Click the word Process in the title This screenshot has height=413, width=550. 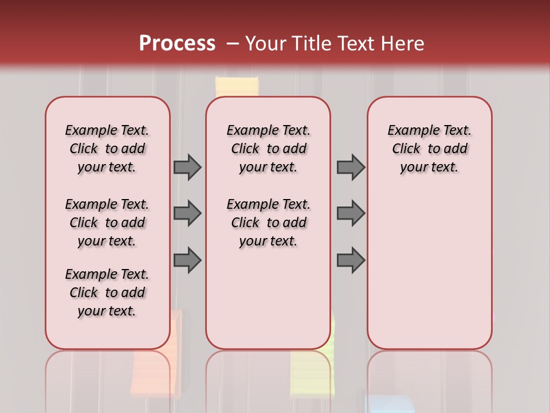(x=177, y=44)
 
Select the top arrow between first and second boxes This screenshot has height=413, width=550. (x=187, y=167)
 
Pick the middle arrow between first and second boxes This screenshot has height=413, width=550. (x=187, y=213)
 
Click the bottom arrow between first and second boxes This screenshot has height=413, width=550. (x=187, y=260)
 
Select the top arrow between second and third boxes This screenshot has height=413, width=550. (x=351, y=167)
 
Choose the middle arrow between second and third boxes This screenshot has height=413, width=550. (x=351, y=213)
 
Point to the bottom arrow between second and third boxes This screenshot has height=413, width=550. (x=351, y=260)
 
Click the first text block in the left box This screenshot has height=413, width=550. (x=107, y=149)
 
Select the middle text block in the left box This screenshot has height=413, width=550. (x=107, y=223)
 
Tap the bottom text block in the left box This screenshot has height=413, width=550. (x=107, y=293)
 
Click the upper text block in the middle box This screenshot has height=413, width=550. (x=268, y=149)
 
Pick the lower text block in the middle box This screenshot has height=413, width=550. (x=268, y=223)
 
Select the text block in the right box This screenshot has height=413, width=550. (x=430, y=149)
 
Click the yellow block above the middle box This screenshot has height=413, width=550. (x=237, y=87)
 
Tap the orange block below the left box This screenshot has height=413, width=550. (x=155, y=367)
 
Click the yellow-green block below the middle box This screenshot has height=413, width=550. (x=312, y=370)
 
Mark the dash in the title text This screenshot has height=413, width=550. (x=233, y=44)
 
